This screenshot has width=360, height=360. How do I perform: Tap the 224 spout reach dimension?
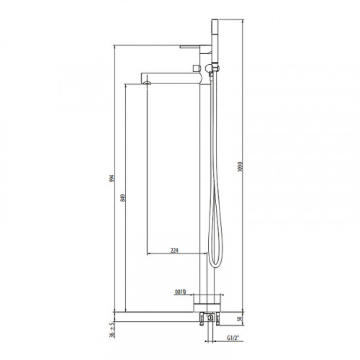(174, 251)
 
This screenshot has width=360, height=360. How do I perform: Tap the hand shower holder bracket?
(214, 69)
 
